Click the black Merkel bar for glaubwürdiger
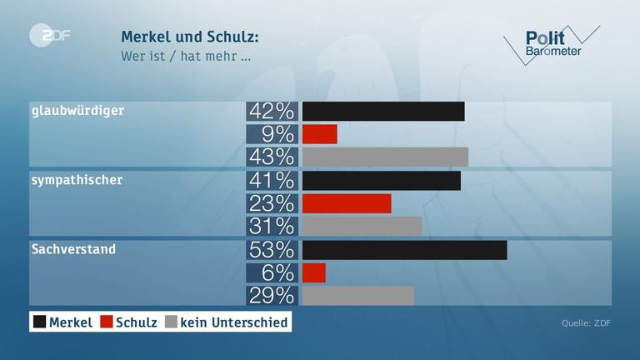382,112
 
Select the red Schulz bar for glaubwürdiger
319,134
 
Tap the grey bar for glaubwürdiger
385,157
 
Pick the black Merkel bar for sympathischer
381,181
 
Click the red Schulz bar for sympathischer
346,203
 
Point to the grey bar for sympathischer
362,226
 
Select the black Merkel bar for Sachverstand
404,250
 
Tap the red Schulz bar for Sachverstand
313,272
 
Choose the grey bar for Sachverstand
357,295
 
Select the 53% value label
272,250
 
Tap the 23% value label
272,203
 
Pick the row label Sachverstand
73,248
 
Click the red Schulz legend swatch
106,322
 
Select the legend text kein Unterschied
234,322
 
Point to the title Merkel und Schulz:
190,37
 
